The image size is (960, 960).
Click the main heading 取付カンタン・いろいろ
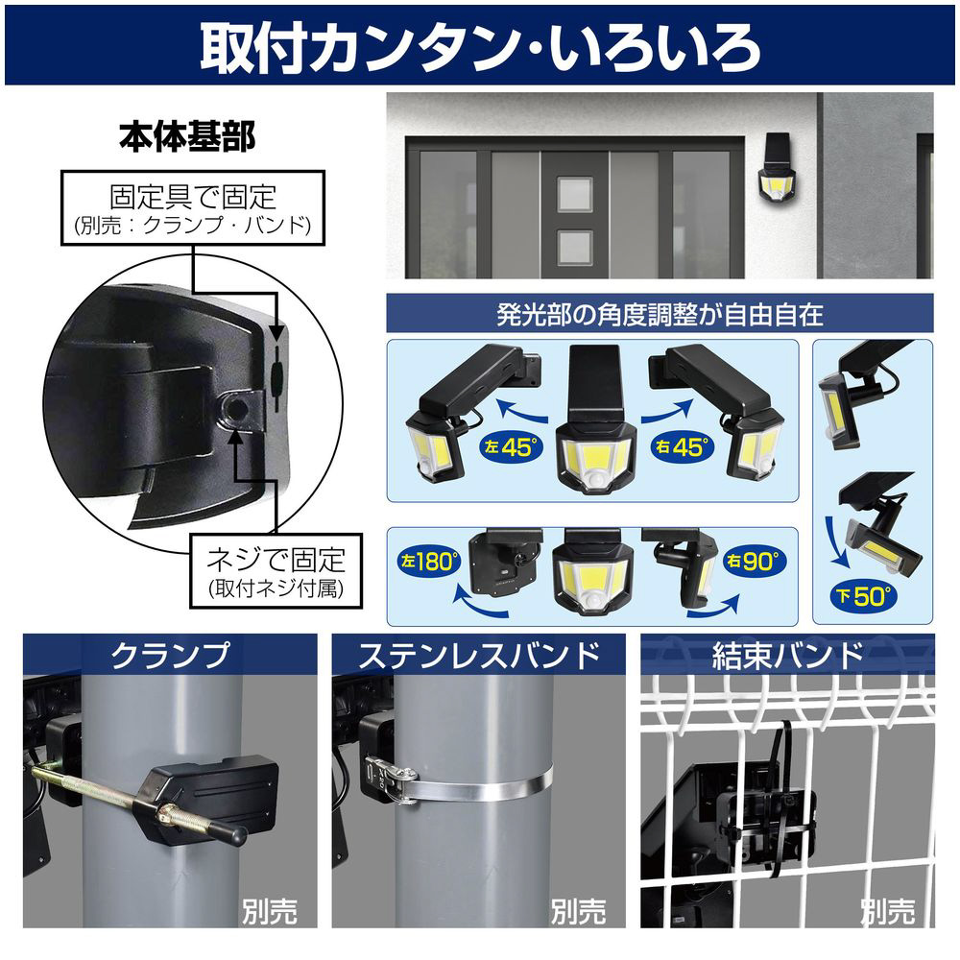pos(480,48)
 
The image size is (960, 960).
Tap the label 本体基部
pos(187,136)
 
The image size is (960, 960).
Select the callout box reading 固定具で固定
pos(193,208)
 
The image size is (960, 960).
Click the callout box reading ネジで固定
pos(276,570)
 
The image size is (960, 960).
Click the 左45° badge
pos(512,447)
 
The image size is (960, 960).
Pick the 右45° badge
pos(683,447)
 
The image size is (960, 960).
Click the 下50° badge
pos(864,596)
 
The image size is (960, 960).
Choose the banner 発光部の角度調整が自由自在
pos(660,314)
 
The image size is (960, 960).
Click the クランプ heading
pos(170,656)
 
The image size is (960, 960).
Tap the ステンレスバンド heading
pos(479,656)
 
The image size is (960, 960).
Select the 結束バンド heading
pos(787,656)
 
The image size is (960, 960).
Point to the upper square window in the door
pos(574,195)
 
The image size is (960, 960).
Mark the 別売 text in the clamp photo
pos(270,911)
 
